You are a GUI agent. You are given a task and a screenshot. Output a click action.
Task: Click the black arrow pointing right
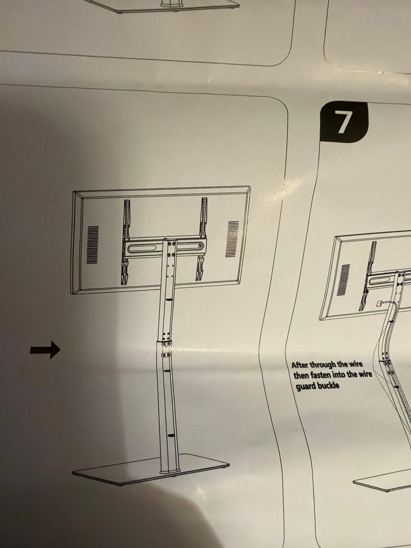(x=45, y=350)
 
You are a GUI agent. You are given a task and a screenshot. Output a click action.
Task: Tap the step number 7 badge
(x=344, y=122)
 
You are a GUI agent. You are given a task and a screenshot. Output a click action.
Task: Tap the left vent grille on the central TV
(x=92, y=244)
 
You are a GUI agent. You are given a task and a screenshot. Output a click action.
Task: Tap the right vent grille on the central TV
(x=232, y=239)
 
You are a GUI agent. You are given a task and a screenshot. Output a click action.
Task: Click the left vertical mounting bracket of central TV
(x=125, y=242)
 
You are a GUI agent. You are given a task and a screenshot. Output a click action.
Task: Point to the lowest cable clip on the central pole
(x=171, y=435)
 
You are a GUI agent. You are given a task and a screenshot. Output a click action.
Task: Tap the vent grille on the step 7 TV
(x=343, y=280)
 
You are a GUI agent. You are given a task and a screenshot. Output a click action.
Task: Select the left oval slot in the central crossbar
(x=142, y=249)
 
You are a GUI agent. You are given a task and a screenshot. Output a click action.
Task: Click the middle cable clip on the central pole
(x=168, y=371)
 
